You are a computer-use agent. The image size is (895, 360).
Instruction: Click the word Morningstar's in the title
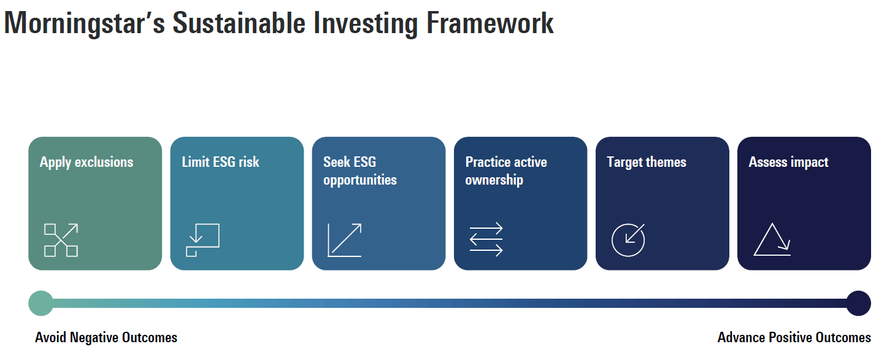(84, 23)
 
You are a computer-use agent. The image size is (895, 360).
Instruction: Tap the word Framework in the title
(490, 23)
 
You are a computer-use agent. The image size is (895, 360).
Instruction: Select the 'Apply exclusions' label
(86, 163)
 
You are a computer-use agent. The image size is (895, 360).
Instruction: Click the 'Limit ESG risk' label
(220, 162)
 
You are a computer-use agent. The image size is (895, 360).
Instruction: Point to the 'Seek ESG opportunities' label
(359, 171)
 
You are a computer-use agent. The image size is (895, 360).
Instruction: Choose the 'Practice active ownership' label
(506, 171)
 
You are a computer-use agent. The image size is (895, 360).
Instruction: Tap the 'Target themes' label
(646, 163)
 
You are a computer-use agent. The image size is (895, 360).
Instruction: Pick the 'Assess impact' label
(788, 163)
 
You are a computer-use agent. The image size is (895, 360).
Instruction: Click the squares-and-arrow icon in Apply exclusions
(61, 240)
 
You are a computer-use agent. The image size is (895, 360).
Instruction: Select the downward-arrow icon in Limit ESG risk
(202, 240)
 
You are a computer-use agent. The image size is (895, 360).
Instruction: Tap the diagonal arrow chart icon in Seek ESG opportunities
(344, 240)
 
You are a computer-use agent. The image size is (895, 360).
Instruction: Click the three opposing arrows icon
(486, 239)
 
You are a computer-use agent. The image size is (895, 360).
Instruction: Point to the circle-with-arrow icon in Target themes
(628, 240)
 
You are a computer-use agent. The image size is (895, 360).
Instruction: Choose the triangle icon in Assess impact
(772, 239)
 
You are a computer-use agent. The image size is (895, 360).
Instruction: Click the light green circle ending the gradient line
(40, 303)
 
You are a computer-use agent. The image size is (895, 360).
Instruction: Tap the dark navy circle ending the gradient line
(858, 303)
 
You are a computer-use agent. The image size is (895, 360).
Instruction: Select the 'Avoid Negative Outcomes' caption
(106, 338)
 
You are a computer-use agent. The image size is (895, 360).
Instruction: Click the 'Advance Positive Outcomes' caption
(794, 338)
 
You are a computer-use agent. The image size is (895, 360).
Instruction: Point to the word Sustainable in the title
(239, 23)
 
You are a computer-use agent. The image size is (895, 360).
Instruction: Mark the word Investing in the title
(366, 23)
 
